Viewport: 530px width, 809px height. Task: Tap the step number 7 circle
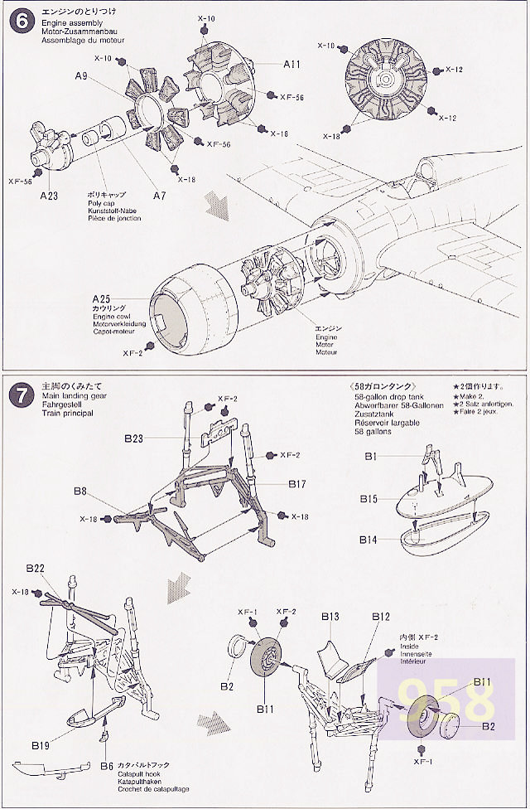point(18,395)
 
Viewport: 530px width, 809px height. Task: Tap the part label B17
point(299,483)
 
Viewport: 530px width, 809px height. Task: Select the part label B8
point(79,491)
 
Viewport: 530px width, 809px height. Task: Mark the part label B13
point(330,617)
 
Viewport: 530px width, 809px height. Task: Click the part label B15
point(369,499)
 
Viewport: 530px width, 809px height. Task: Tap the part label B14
point(369,540)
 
